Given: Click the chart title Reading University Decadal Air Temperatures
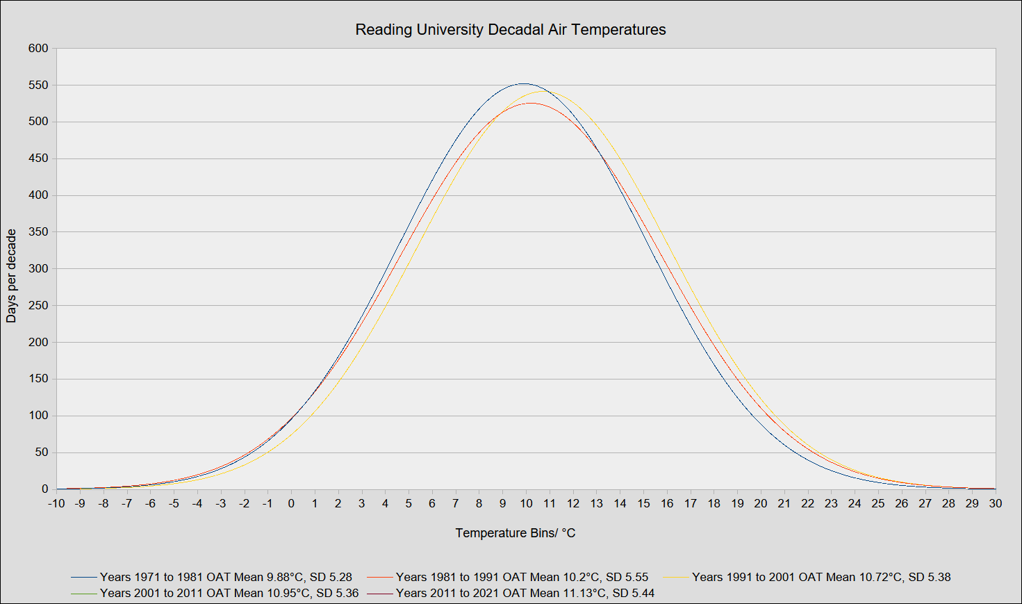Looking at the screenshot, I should pos(511,30).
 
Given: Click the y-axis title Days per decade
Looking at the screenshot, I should pos(11,276).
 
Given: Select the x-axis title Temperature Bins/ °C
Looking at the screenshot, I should pos(516,533).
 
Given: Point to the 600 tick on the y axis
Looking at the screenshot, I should pos(39,49).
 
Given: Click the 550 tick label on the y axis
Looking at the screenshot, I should pos(39,85).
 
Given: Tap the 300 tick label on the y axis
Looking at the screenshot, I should pos(39,269).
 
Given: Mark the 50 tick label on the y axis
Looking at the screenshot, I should pos(42,452).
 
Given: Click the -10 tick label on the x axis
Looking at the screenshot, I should pos(56,504).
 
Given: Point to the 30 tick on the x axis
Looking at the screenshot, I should pos(996,504).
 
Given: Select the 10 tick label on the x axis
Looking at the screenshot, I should pos(526,504).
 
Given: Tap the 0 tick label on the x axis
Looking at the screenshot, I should pos(291,504).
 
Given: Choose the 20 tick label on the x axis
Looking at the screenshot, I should pos(761,504).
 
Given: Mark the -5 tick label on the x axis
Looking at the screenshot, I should pos(174,504).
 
